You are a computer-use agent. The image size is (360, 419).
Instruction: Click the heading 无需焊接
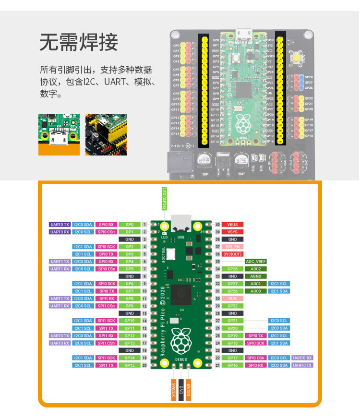tap(78, 43)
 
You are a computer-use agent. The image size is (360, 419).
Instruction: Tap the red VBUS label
tap(232, 224)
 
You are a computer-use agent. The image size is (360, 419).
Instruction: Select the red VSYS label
tap(232, 231)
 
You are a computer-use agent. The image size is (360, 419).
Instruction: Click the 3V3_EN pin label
tap(232, 247)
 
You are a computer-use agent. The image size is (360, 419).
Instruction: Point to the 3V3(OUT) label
tap(232, 254)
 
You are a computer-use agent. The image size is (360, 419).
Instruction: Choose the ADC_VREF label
tap(255, 262)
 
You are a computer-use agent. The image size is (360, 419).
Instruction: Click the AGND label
tap(255, 276)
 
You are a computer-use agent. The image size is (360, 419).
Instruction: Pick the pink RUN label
tap(232, 299)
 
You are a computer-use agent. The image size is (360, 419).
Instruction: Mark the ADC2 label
tap(255, 269)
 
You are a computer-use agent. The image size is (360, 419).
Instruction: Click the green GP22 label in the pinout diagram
tap(232, 306)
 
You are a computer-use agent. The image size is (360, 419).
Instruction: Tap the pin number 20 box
tap(144, 365)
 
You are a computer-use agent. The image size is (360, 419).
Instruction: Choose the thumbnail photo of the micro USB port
tap(59, 134)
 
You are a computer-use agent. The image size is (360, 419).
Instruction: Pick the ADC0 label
tap(255, 291)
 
